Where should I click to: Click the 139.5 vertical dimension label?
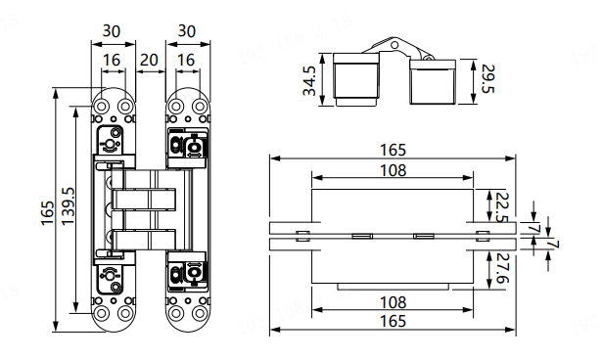pos(69,206)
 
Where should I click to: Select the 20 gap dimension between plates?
pos(149,60)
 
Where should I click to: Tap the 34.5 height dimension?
pos(309,80)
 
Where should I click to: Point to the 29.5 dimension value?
pos(488,78)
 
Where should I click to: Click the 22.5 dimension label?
pos(502,207)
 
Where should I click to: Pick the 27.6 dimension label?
pos(502,268)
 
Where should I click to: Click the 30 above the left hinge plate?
pos(112,31)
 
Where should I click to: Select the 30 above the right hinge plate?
pos(187,31)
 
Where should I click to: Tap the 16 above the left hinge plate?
pos(112,60)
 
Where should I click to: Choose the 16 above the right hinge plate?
pos(186,60)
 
